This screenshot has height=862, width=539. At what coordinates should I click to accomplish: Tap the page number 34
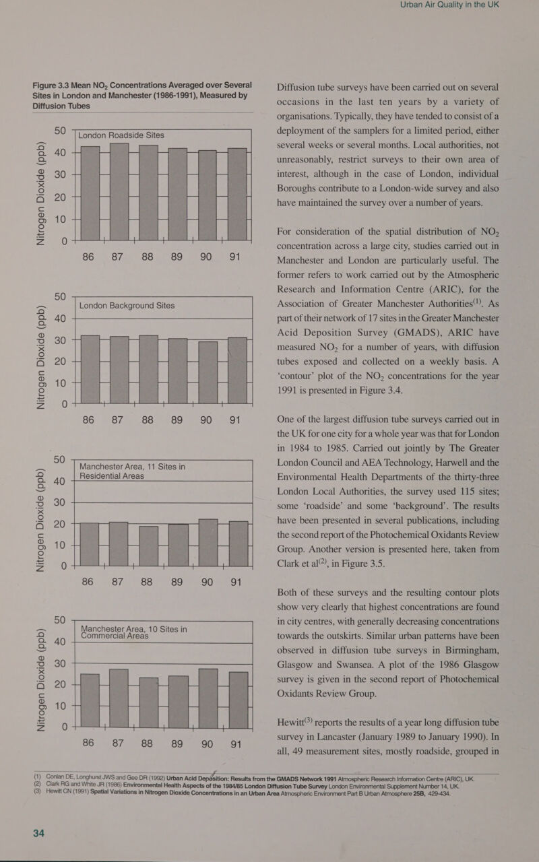coord(39,834)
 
